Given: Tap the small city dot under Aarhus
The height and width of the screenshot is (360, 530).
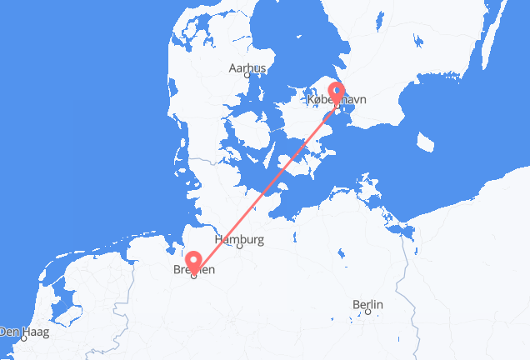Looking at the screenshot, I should [x=247, y=77].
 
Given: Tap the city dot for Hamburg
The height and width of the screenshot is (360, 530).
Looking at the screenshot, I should [x=239, y=247].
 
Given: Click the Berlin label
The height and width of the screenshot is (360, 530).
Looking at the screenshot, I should [x=367, y=305].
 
